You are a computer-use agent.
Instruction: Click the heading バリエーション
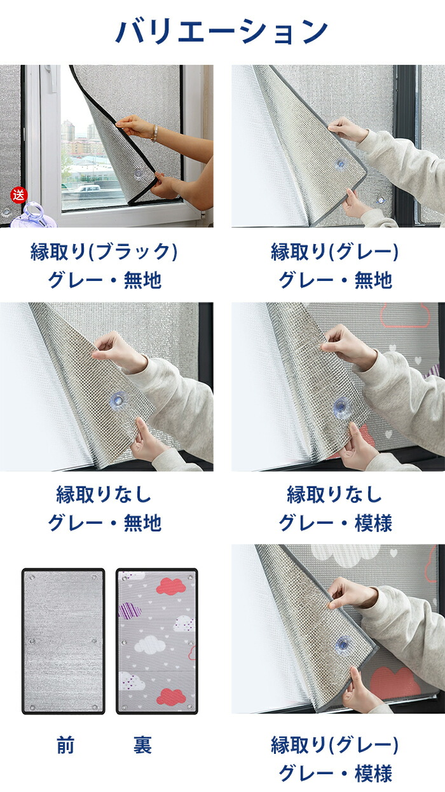221,32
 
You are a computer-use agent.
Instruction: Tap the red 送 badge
18,195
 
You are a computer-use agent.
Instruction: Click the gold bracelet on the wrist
154,133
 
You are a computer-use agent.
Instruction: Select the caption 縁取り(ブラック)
104,252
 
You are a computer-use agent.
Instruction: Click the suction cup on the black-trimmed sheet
137,174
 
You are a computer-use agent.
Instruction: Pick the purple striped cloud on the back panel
130,611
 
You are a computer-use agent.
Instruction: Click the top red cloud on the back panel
171,587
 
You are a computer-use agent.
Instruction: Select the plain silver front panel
64,641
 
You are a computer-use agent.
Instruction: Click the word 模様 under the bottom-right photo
373,774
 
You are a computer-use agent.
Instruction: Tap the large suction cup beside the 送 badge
34,215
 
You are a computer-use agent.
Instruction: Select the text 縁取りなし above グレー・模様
334,494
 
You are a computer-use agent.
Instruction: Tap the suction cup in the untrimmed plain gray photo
118,400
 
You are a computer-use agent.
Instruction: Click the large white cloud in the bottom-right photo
346,554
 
